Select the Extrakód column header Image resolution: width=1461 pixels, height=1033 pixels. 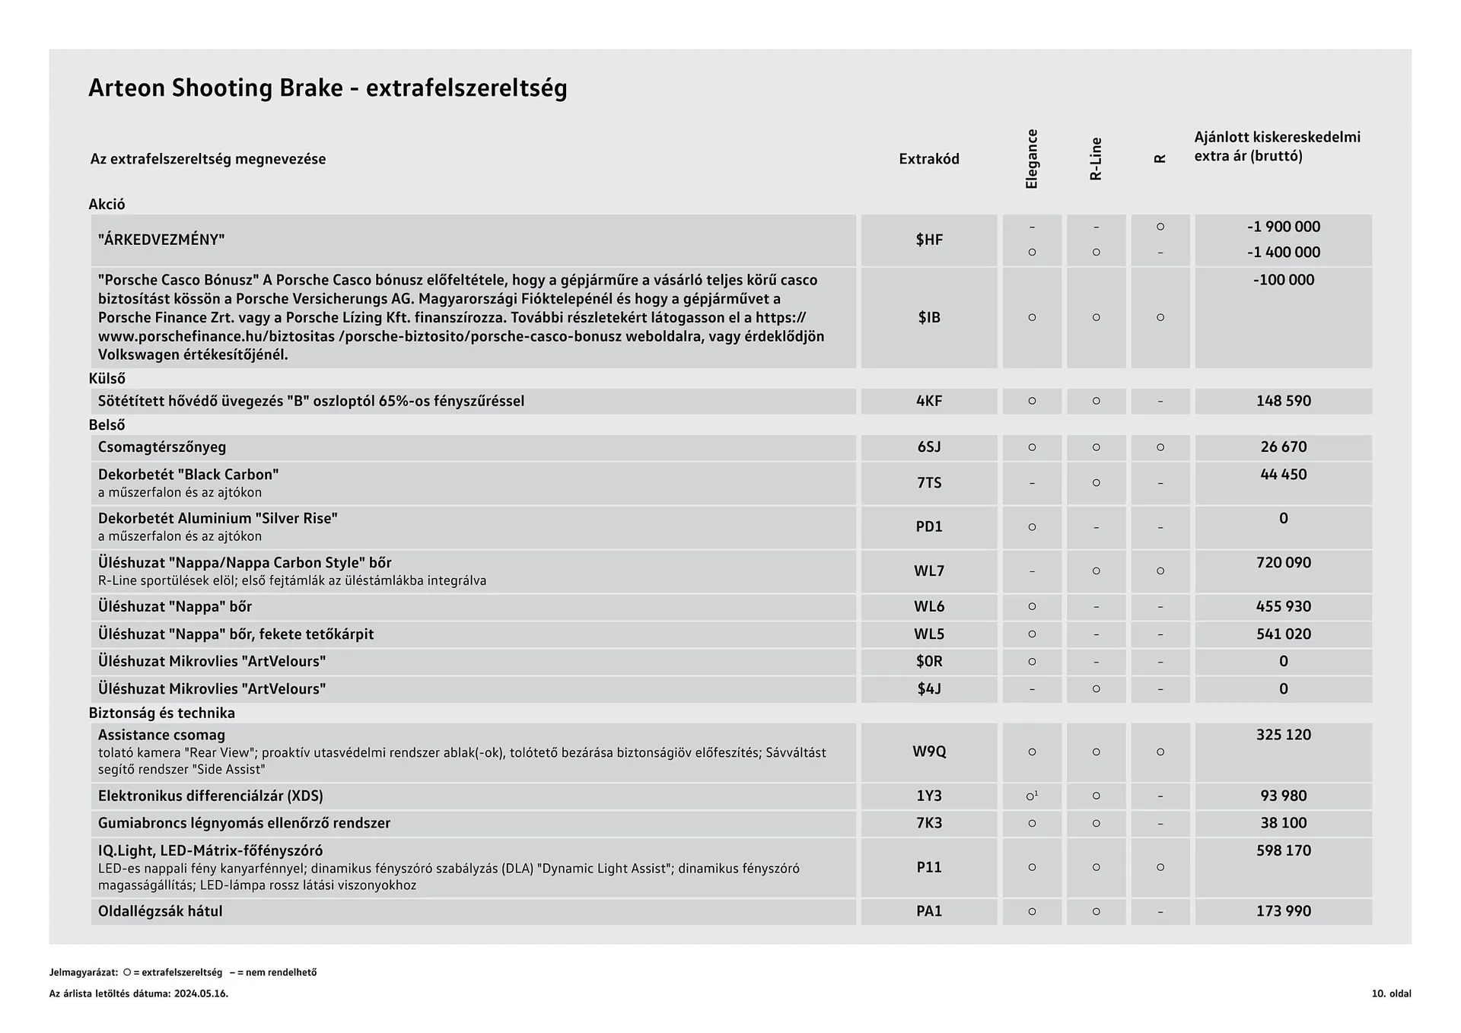pos(928,159)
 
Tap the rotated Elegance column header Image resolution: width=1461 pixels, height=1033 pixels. pos(1032,159)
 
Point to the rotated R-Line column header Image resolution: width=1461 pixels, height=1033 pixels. pos(1096,159)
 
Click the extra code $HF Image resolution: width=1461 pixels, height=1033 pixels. pos(928,240)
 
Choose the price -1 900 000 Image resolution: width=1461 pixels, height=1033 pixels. pos(1283,227)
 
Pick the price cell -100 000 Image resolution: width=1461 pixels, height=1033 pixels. pos(1283,280)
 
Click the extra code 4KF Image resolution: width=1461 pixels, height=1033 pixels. pos(928,401)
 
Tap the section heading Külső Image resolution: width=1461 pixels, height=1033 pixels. pos(107,378)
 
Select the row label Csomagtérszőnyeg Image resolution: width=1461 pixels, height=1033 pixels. pos(162,447)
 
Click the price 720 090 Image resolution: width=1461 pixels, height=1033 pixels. pos(1283,563)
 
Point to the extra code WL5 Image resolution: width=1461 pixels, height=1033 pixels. pos(928,634)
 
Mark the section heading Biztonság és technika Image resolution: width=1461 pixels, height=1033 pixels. pos(161,713)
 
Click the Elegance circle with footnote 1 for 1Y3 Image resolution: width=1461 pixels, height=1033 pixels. pos(1032,796)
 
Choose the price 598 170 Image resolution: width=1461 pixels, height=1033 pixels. pos(1283,850)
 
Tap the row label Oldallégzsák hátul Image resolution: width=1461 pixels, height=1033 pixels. pos(160,911)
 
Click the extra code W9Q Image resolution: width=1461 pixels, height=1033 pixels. pos(928,752)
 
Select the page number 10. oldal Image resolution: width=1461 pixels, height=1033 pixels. pos(1391,993)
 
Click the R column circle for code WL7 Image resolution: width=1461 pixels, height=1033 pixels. pos(1160,571)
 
